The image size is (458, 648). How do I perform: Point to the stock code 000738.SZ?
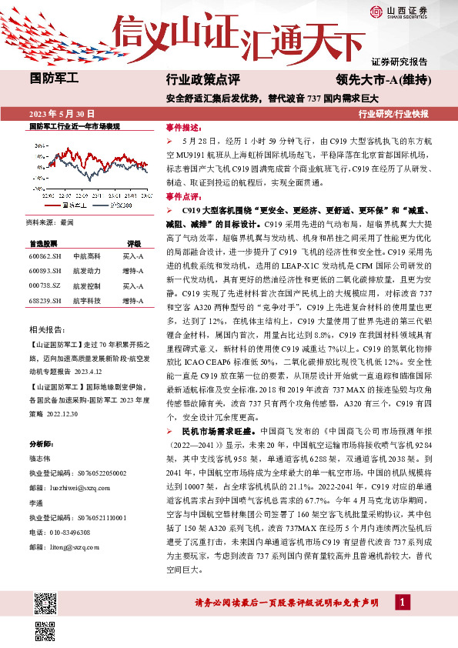(45, 286)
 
